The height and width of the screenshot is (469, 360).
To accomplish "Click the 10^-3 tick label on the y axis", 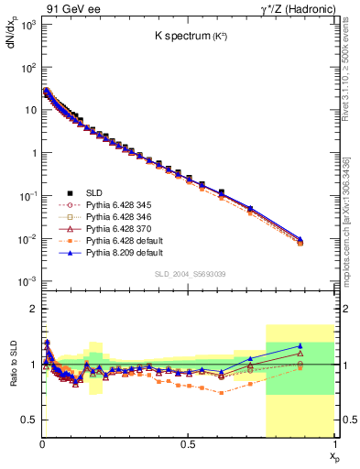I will point(27,281).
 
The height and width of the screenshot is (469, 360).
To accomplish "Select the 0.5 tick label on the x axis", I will point(189,445).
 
